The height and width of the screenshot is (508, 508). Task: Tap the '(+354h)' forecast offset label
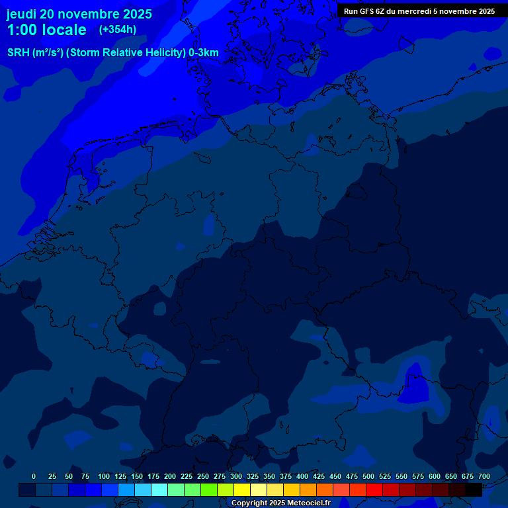[x=118, y=30]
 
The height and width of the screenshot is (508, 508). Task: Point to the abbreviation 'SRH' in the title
[x=19, y=52]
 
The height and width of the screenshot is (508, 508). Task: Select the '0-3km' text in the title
[x=203, y=52]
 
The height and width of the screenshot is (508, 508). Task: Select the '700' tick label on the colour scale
[x=484, y=476]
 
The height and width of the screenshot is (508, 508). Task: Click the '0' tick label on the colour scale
[x=34, y=476]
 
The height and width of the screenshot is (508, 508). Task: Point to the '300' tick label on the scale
[x=236, y=476]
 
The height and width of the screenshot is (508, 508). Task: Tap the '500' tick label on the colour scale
[x=368, y=476]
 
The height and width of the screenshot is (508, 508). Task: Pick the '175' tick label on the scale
[x=153, y=476]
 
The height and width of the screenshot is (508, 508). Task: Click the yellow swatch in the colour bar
[x=242, y=489]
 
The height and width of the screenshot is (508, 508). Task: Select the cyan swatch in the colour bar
[x=159, y=489]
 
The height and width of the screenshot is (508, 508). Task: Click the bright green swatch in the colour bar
[x=209, y=489]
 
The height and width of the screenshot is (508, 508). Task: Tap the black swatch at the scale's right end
[x=474, y=489]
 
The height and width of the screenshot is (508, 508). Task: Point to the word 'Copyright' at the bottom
[x=249, y=503]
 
